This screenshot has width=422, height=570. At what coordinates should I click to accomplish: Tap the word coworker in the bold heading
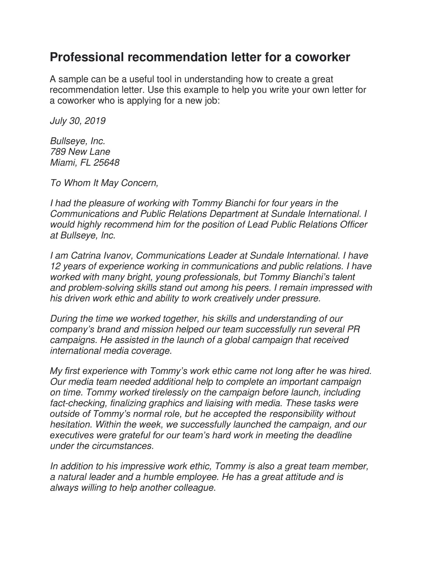[322, 57]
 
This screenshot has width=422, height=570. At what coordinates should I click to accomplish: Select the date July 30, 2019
[78, 121]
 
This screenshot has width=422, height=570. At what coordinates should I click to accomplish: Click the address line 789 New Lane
[80, 152]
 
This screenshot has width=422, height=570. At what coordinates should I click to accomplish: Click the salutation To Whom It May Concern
[104, 183]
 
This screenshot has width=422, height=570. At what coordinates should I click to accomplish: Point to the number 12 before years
[55, 266]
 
